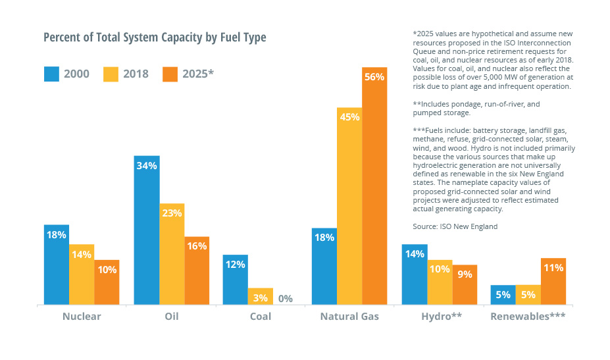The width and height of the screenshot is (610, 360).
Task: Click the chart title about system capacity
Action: point(155,38)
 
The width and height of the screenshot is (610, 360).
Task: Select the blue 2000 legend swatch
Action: point(51,73)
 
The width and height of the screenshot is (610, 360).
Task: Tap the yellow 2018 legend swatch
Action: point(111,73)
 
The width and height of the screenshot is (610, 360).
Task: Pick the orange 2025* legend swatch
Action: point(171,73)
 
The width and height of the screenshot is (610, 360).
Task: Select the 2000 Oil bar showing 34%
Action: point(147,230)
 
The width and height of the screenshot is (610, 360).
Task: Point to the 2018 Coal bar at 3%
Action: point(261,296)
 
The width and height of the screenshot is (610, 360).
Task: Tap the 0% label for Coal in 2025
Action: point(286,298)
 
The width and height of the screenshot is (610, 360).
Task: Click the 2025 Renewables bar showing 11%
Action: point(553,281)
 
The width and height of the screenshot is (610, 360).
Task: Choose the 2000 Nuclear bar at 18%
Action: point(57,265)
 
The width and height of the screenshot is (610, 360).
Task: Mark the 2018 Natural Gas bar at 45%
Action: point(349,206)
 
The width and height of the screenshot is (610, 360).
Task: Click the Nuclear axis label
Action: point(82,317)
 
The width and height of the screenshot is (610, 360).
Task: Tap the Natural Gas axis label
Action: point(349,317)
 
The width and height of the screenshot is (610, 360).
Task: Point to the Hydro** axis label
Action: point(442,317)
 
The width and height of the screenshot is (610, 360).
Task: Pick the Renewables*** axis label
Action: point(528,317)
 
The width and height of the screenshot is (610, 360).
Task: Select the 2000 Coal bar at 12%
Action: point(236,280)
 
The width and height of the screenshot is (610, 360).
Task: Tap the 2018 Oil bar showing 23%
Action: point(172,254)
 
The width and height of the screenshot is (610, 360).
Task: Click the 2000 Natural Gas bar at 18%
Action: point(324,267)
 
